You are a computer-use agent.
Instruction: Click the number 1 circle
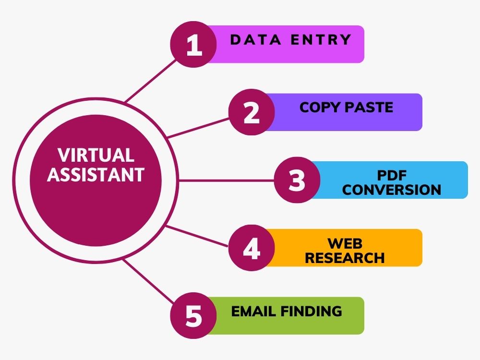click(x=193, y=44)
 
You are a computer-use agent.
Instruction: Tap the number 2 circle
click(x=252, y=112)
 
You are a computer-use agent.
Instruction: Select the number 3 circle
click(x=297, y=180)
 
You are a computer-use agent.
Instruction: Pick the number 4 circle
click(x=252, y=248)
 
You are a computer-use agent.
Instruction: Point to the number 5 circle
click(x=193, y=316)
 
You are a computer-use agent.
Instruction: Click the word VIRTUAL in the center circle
click(x=96, y=155)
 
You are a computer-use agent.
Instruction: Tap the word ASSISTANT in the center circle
click(x=96, y=175)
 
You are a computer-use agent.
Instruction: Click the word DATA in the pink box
click(x=256, y=40)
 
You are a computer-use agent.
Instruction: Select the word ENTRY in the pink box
click(x=321, y=40)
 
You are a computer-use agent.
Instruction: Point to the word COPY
click(x=320, y=108)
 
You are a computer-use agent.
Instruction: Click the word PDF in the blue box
click(x=392, y=175)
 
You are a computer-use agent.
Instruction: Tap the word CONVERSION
click(x=392, y=190)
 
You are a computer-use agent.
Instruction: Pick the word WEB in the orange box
click(x=345, y=243)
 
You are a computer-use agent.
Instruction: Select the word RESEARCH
click(x=345, y=258)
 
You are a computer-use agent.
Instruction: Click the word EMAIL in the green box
click(x=254, y=312)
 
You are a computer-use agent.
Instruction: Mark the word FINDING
click(x=312, y=312)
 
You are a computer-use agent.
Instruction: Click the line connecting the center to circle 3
click(x=226, y=180)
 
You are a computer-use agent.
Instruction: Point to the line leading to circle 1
click(x=151, y=81)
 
